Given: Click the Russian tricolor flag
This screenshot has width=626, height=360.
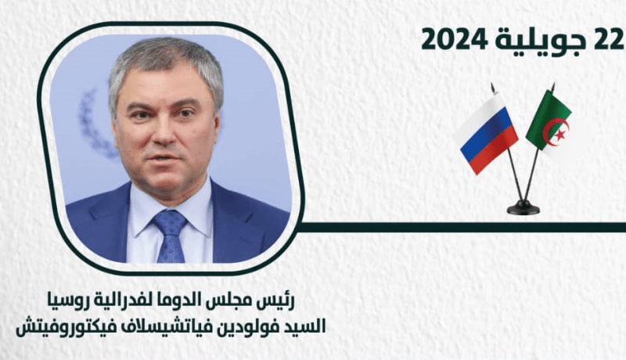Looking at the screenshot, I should [487, 133].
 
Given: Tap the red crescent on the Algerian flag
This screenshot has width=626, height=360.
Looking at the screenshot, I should [557, 131].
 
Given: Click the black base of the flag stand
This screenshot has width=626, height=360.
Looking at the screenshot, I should [523, 207].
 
